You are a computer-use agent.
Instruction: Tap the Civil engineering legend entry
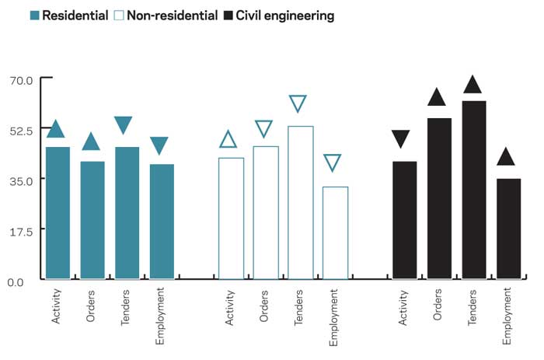tap(278, 15)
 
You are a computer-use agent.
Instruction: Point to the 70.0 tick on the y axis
tap(21, 79)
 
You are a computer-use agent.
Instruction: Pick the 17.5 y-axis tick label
tap(21, 230)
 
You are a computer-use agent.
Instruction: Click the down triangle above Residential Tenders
tap(124, 124)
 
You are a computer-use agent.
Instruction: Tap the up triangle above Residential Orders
tap(91, 142)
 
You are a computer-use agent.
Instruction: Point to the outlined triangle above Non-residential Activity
tap(228, 139)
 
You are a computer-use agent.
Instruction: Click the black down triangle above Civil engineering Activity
tap(401, 139)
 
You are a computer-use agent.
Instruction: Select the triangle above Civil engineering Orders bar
tap(438, 97)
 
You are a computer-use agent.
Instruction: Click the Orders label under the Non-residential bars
tap(264, 302)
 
